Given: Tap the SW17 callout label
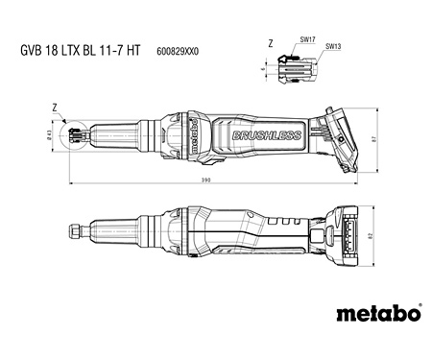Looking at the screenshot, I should pos(307,40).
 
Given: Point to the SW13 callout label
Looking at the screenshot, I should pos(333,46).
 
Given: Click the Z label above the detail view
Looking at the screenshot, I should pos(270,43).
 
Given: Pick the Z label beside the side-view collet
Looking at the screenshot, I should pos(57,108).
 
